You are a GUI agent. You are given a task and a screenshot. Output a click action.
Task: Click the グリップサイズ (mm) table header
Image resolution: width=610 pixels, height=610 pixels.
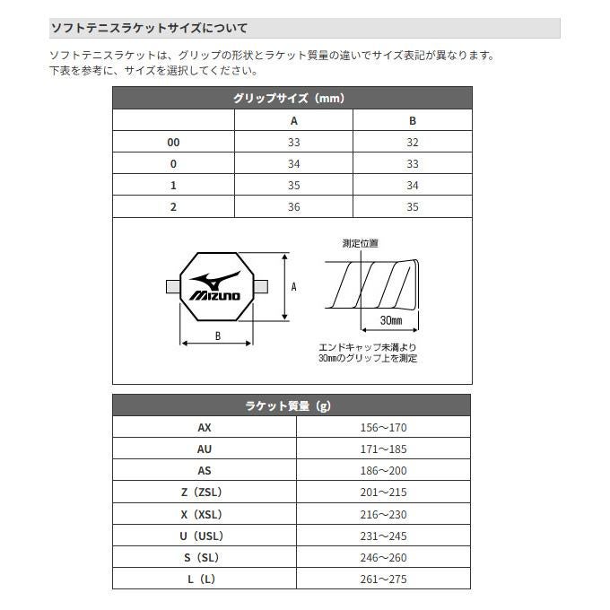click(x=292, y=99)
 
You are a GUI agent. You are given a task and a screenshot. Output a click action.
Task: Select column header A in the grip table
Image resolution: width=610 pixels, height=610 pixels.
click(x=294, y=121)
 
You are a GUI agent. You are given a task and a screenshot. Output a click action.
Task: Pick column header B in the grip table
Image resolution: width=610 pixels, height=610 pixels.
click(x=413, y=121)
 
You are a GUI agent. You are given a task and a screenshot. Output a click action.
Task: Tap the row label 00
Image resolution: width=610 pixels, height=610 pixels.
click(x=173, y=143)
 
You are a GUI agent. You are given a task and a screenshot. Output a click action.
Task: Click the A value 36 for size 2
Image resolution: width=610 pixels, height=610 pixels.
click(x=294, y=207)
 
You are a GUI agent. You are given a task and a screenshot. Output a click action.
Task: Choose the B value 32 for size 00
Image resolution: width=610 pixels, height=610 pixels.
click(x=413, y=143)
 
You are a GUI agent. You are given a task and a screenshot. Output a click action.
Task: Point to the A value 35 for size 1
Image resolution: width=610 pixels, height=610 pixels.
click(x=294, y=186)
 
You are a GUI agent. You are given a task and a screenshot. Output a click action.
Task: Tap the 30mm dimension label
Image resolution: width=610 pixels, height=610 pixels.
click(x=390, y=320)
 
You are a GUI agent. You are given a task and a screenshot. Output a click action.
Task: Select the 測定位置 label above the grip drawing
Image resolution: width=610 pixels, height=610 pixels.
click(x=361, y=243)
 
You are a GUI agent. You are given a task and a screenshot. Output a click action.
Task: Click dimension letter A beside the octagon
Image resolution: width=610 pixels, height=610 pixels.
click(x=294, y=287)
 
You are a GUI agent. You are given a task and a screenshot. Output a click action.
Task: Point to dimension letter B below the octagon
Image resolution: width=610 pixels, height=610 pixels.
click(x=218, y=336)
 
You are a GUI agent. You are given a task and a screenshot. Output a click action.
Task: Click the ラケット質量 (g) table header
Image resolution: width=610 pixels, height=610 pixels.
click(x=292, y=406)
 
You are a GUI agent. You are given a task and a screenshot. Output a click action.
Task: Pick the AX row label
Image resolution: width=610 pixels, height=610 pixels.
click(x=204, y=428)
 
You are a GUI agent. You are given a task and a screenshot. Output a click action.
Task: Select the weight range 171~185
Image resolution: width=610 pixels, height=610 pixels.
click(x=383, y=449)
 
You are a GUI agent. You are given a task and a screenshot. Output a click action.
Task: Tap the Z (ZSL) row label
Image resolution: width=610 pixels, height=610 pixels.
click(x=204, y=492)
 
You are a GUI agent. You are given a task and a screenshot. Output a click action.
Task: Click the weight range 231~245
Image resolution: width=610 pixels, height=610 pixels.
click(x=383, y=536)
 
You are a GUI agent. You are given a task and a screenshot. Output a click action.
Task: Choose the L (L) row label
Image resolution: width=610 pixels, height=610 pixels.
click(x=204, y=579)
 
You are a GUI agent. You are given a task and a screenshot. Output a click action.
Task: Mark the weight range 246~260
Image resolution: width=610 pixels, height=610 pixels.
click(x=383, y=557)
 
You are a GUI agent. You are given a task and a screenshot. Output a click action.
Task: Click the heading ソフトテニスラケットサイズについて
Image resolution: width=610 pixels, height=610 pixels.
click(x=149, y=29)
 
